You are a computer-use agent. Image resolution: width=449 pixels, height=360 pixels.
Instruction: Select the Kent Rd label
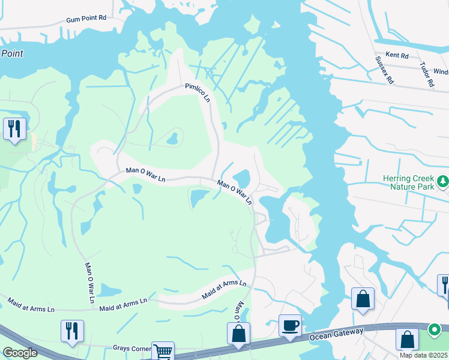397,55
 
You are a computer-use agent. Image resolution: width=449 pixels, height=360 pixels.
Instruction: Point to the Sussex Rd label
384,69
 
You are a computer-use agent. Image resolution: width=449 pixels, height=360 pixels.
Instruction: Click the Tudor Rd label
427,75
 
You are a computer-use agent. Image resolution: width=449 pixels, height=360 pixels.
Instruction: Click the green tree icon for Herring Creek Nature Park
442,181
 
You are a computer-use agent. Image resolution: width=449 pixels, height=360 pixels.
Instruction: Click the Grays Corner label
130,348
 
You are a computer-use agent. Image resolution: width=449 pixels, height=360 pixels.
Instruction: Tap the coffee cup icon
290,325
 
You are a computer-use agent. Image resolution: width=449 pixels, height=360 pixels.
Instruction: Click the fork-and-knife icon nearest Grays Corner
72,331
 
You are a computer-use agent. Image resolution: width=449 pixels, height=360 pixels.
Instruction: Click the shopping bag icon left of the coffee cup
238,334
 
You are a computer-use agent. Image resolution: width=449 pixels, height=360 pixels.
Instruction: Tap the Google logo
20,353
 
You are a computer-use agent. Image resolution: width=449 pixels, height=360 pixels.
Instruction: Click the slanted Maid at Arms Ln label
224,290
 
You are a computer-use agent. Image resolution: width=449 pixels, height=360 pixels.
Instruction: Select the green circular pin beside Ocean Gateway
435,330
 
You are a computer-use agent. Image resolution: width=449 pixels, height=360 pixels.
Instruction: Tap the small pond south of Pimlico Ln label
172,139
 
